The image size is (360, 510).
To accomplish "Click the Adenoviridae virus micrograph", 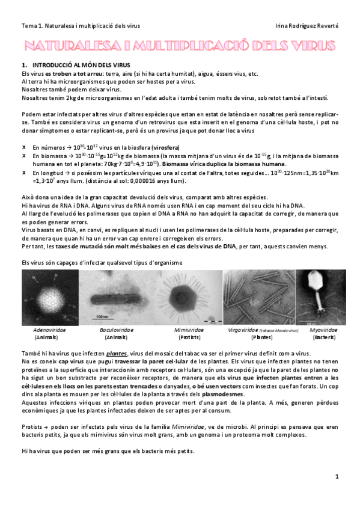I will [49, 296].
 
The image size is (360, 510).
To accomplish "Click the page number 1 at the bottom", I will [337, 476].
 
